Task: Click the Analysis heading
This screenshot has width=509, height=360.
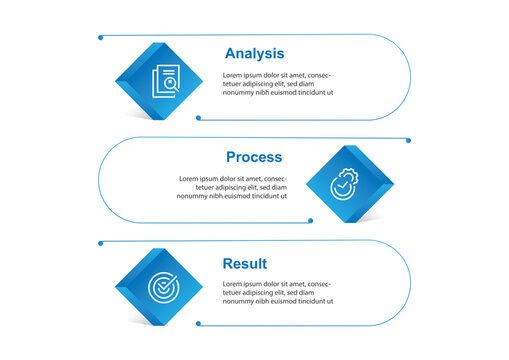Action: (254, 54)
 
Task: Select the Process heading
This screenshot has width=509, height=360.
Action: (254, 157)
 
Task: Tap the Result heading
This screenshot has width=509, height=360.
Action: (245, 264)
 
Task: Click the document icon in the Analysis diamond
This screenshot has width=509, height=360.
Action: (166, 81)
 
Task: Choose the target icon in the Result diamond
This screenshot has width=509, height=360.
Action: (162, 288)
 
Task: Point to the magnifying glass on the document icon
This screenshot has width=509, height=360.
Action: (173, 87)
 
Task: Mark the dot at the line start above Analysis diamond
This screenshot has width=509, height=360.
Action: (101, 38)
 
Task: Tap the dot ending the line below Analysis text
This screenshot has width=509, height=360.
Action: (198, 118)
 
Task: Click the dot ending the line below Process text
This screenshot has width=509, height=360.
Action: (311, 221)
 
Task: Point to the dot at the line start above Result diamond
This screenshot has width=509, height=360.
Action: (100, 242)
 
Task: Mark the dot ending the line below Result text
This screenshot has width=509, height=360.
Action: (198, 324)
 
